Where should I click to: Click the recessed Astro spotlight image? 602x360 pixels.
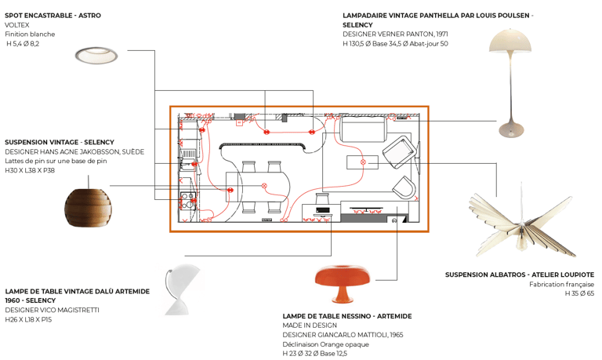[x=96, y=55]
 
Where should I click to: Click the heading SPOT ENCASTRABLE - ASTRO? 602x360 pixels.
[x=53, y=16]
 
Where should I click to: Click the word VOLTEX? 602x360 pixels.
[x=17, y=25]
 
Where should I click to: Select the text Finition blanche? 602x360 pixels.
[x=30, y=35]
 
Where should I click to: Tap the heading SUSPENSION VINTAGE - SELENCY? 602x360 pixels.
[x=60, y=142]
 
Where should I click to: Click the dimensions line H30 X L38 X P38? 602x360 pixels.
[x=31, y=170]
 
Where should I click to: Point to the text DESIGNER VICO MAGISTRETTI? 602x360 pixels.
[x=52, y=310]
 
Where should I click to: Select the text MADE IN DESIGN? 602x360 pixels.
[x=310, y=325]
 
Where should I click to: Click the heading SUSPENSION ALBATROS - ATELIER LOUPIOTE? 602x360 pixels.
[x=519, y=275]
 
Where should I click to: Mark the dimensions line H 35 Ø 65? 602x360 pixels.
[x=579, y=293]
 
